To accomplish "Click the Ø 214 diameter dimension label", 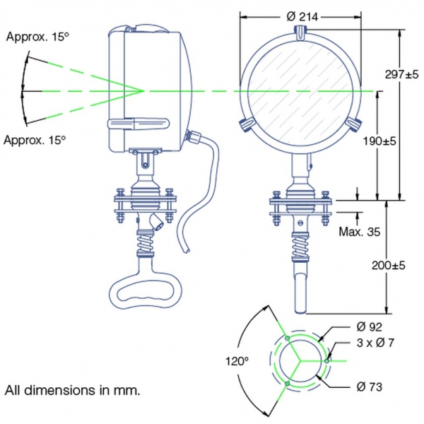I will (x=300, y=16).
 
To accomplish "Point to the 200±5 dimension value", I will (x=387, y=265).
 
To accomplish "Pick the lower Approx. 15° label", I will (x=35, y=141).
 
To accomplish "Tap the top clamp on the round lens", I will (x=300, y=32).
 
